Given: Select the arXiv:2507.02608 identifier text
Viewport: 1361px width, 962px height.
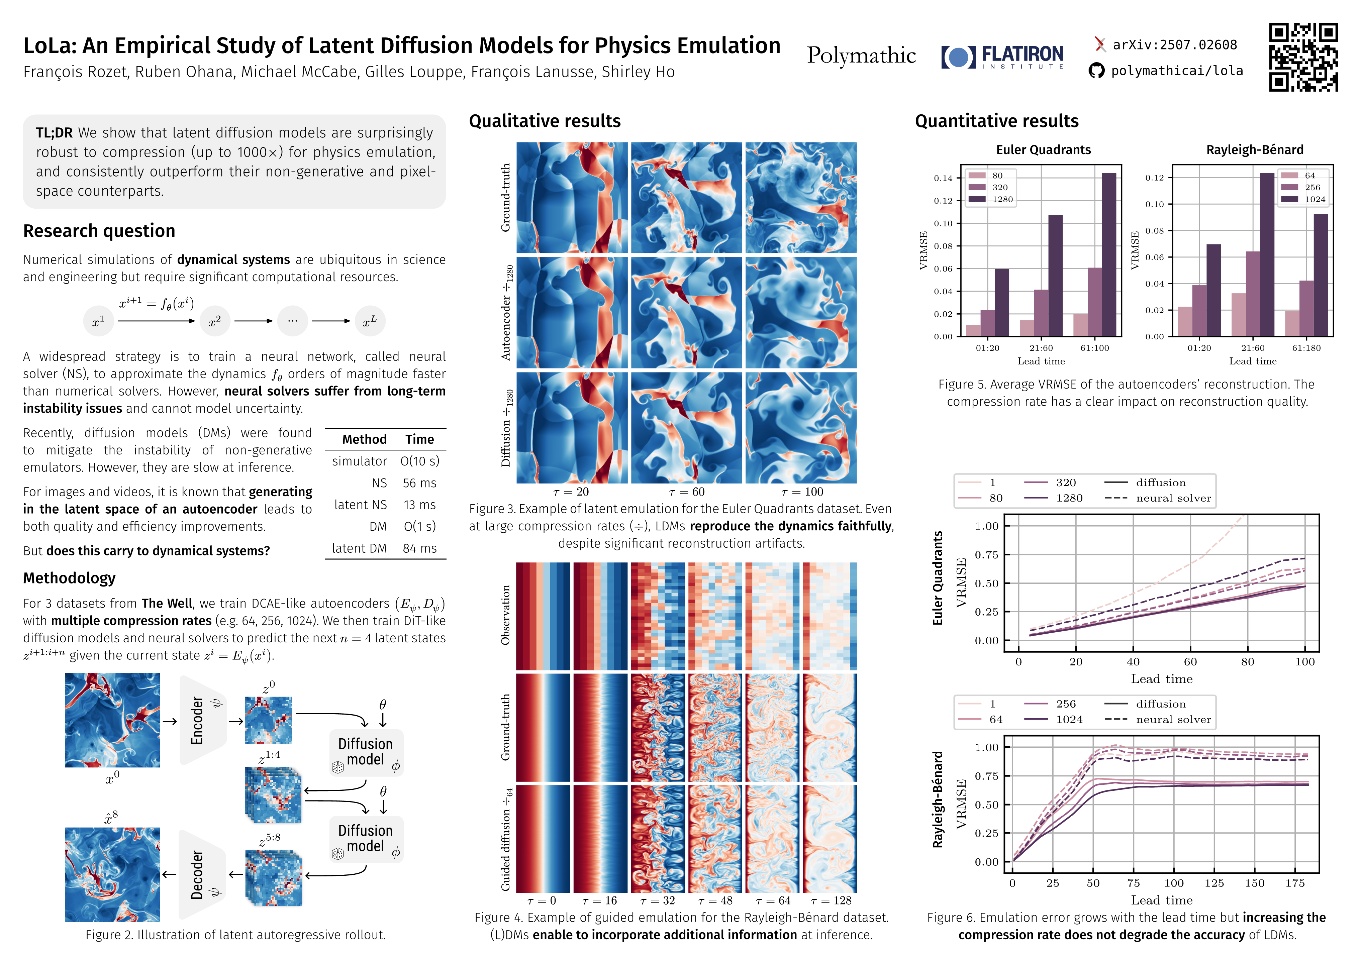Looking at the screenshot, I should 1174,45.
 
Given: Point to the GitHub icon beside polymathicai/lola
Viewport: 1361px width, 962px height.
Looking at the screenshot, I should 1097,71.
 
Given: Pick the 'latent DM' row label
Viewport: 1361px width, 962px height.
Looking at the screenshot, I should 359,548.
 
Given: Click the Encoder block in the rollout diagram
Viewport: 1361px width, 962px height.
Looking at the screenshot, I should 202,720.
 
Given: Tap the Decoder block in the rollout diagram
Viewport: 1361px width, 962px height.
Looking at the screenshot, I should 202,875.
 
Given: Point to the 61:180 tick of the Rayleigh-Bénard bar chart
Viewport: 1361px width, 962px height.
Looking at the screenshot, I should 1306,348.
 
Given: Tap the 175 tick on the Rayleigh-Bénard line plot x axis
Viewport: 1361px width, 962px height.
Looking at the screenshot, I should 1295,883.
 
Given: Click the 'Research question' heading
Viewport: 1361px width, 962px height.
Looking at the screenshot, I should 99,231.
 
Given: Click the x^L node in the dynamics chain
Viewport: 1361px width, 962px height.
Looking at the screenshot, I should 370,321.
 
